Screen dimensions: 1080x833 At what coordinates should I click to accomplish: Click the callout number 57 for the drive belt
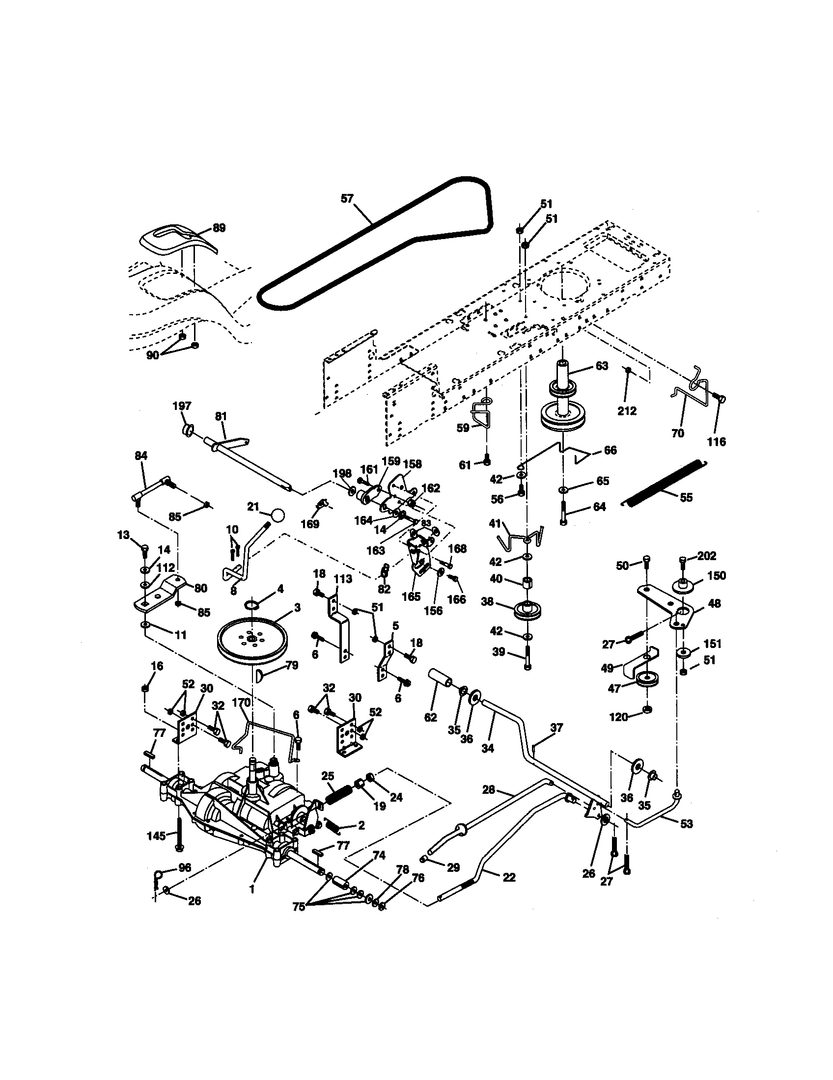click(347, 199)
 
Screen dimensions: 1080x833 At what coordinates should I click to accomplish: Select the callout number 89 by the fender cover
click(219, 228)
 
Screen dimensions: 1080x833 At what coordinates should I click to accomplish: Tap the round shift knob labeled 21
click(278, 515)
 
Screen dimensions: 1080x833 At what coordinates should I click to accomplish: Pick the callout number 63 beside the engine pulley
click(602, 366)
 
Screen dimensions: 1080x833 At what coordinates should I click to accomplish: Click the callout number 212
click(627, 411)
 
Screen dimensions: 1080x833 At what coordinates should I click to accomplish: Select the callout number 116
click(716, 442)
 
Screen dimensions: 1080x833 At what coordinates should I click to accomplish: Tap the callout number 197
click(182, 406)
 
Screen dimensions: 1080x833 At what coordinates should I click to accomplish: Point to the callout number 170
click(241, 702)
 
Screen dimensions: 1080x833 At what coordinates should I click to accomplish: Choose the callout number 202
click(706, 556)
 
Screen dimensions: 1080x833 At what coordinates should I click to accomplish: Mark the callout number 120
click(618, 717)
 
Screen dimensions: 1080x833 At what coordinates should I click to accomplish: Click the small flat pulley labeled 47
click(643, 679)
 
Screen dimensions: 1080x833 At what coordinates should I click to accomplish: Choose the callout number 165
click(411, 596)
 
